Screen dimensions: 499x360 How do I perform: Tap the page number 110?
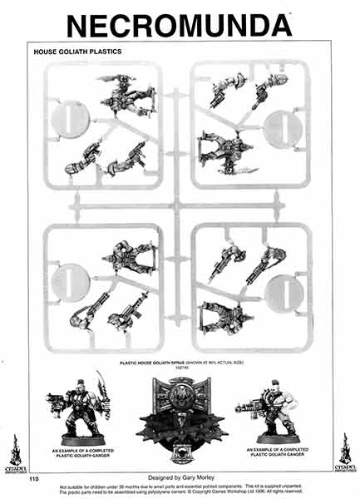(x=34, y=479)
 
